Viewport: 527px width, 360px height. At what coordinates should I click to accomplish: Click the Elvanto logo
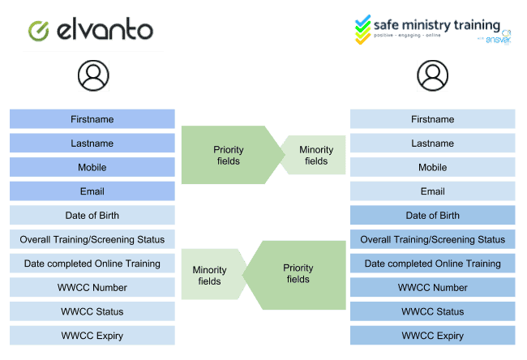pos(93,30)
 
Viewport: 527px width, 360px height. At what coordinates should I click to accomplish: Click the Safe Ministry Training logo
pos(433,31)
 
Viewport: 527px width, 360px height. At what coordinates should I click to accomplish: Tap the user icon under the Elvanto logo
pos(93,75)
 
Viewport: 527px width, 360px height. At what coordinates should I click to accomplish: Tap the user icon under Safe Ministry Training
pos(433,75)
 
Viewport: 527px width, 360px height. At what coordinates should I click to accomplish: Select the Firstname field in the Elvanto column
pos(92,119)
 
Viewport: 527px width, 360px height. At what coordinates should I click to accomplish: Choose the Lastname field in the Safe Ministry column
pos(432,144)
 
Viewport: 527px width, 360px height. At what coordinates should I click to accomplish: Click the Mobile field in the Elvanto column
pos(92,167)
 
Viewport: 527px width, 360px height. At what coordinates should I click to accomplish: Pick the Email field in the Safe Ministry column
pos(432,191)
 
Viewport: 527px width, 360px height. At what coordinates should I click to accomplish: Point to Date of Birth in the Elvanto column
pos(92,216)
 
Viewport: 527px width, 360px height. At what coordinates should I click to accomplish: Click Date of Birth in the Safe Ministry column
pos(432,216)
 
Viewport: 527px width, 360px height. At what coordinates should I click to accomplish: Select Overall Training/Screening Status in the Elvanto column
pos(92,239)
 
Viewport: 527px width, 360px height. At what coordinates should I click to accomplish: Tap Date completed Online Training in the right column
pos(432,264)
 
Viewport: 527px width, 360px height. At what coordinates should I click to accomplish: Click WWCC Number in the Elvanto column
pos(92,287)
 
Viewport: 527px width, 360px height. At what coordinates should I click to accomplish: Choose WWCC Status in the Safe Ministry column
pos(432,311)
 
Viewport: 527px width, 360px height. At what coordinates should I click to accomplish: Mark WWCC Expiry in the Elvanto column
pos(92,335)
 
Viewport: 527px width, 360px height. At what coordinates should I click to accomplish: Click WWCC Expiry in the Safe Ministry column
pos(432,335)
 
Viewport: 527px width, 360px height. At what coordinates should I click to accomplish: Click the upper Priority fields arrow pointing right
pos(229,155)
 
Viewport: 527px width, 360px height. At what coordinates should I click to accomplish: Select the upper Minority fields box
pos(316,155)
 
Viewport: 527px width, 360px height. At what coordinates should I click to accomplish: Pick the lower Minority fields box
pos(210,275)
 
